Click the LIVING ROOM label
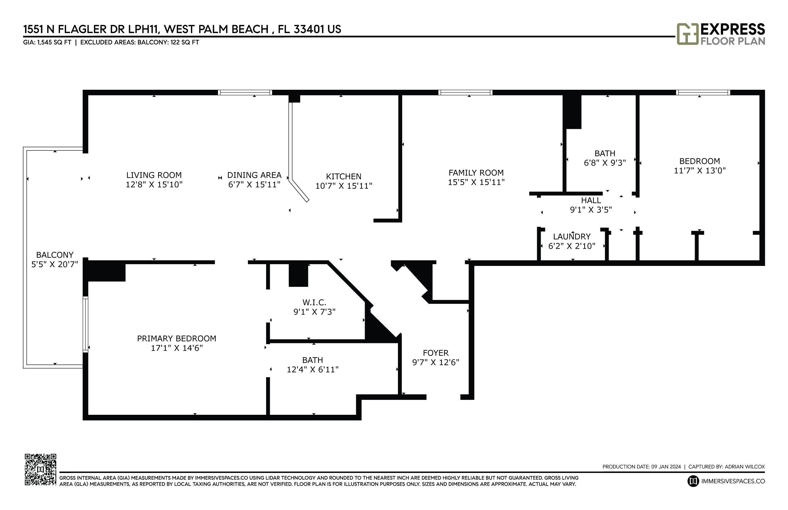(x=154, y=175)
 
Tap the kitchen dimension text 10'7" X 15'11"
(x=343, y=186)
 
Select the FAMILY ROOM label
(x=476, y=173)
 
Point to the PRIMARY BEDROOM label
(x=176, y=338)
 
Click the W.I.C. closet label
(x=314, y=302)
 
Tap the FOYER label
(x=436, y=353)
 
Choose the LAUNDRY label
(x=572, y=237)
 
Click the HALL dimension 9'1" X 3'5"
(x=591, y=210)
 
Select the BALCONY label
(x=55, y=255)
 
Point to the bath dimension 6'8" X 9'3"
(x=605, y=163)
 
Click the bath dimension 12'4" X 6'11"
(x=312, y=369)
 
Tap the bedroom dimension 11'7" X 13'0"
(x=700, y=170)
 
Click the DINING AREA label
(x=254, y=175)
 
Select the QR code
(x=40, y=470)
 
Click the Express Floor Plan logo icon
(x=687, y=34)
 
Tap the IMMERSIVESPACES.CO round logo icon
(x=693, y=481)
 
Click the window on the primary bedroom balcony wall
(x=85, y=324)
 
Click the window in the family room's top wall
(x=465, y=92)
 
